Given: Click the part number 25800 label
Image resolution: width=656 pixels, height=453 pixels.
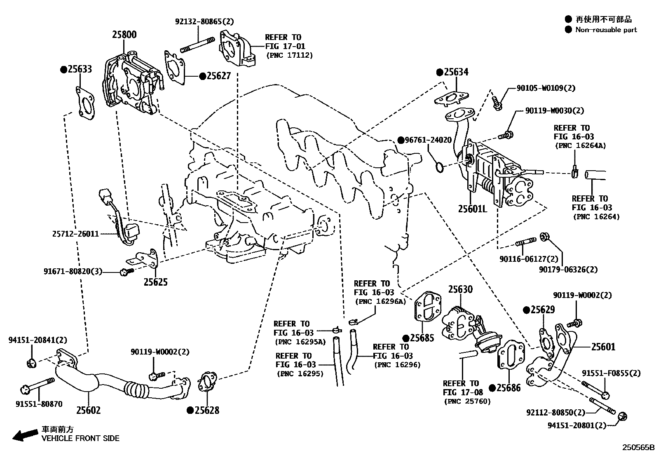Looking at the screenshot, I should coord(124,35).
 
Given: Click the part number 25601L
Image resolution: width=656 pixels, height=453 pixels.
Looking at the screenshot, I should coord(472,209).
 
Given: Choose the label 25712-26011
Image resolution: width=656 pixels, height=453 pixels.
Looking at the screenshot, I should coord(75,234).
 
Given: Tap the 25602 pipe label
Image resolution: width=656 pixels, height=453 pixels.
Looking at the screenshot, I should coord(88,410).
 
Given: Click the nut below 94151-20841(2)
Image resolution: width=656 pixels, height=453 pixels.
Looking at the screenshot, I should coord(31,363).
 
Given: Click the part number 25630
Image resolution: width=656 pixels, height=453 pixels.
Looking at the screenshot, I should coord(460,289).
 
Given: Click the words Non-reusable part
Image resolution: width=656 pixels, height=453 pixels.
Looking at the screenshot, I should coord(606,30).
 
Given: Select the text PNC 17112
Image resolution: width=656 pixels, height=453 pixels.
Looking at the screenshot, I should coord(289,55).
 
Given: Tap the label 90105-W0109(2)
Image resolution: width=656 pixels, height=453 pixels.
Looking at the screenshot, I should coord(546,88).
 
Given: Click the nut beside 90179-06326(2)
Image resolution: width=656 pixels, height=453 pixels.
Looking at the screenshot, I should coord(544,236).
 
